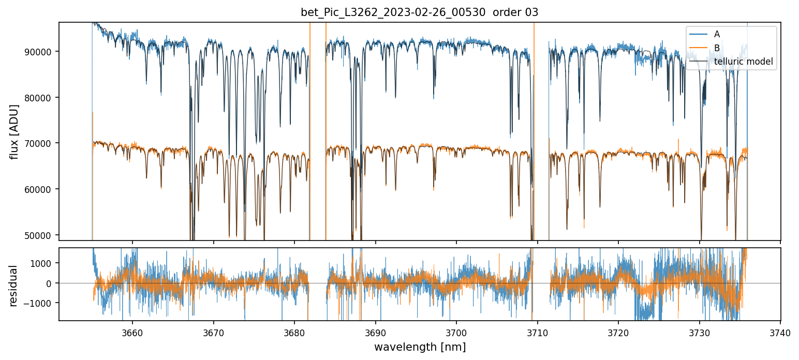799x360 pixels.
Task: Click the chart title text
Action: coord(420,12)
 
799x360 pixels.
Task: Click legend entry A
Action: coord(717,34)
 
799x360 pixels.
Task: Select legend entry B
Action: coord(717,48)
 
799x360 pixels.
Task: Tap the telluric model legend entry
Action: coord(743,62)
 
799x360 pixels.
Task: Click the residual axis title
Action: coord(13,286)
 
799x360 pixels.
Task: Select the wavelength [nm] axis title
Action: coord(420,347)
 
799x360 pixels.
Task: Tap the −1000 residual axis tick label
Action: coord(43,303)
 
